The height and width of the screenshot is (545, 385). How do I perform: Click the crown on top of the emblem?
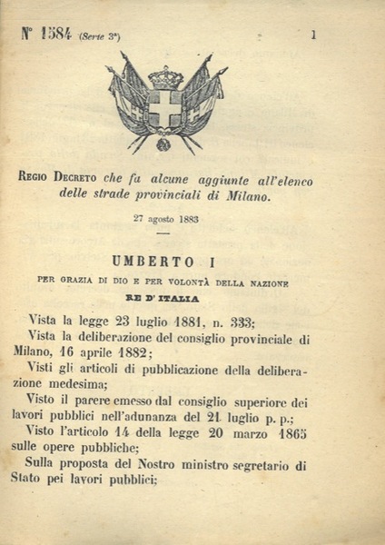165,76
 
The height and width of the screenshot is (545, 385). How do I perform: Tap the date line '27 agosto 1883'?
165,220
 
